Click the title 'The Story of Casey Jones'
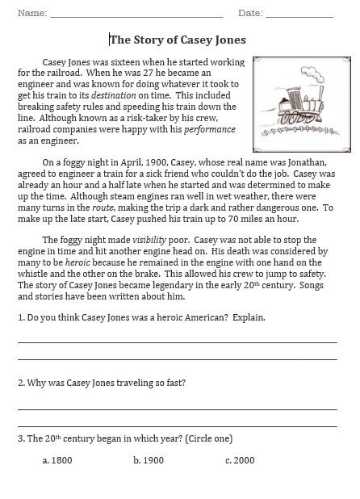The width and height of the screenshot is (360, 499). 178,39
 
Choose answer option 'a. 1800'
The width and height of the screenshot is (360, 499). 56,459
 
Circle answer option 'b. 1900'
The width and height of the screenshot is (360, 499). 149,459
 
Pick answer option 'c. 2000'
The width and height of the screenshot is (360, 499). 240,459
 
